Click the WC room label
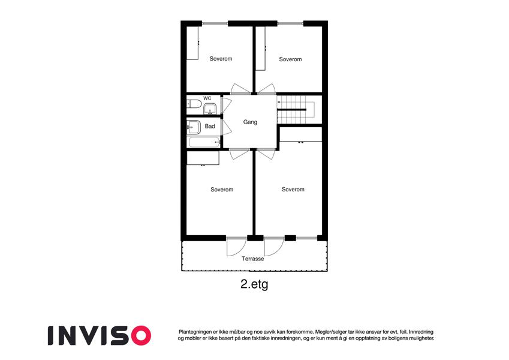click(207, 98)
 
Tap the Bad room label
click(210, 127)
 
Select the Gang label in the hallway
click(250, 122)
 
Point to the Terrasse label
click(253, 259)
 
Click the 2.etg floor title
click(254, 284)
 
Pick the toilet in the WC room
click(194, 104)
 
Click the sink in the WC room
click(210, 109)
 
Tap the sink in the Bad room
click(194, 127)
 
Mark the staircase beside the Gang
click(296, 109)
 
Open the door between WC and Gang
click(226, 105)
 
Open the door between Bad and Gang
click(226, 127)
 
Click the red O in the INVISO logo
click(140, 335)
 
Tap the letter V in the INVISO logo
click(92, 335)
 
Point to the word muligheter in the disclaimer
click(421, 338)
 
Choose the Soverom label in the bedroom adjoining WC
click(221, 59)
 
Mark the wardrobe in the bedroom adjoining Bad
click(203, 158)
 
